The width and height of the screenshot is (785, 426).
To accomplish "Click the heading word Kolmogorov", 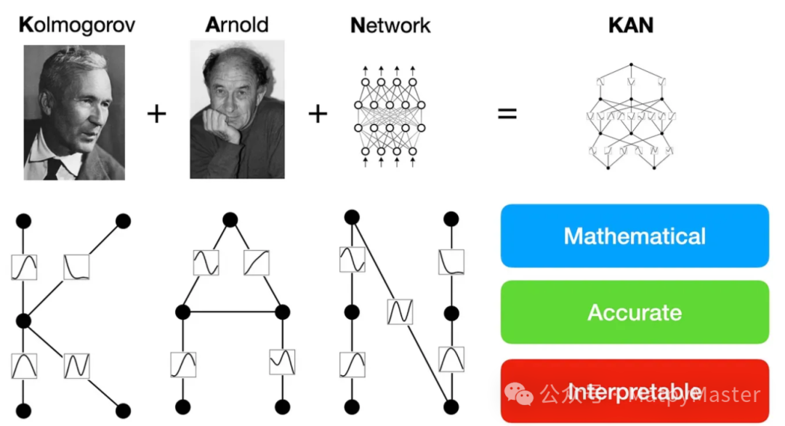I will (76, 25).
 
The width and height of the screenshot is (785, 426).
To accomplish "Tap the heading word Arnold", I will (237, 25).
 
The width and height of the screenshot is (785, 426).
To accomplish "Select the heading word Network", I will (390, 25).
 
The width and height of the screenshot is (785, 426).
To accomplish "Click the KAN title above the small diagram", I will (630, 25).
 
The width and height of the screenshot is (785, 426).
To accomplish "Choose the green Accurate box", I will (635, 313).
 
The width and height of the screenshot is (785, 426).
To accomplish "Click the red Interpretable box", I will (635, 391).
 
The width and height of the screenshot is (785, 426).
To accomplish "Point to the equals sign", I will (507, 114).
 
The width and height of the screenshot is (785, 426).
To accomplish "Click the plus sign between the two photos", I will (157, 114).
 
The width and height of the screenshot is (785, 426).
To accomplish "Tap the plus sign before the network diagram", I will (318, 114).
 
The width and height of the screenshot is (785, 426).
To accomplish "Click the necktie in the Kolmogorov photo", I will (52, 169).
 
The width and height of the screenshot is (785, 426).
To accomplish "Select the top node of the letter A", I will (230, 220).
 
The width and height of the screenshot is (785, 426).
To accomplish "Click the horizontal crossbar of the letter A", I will (233, 312).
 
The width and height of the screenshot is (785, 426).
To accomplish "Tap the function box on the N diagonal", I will (400, 312).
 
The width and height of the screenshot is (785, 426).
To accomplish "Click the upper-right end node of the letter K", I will (123, 220).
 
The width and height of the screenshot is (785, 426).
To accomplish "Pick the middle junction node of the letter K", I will (23, 320).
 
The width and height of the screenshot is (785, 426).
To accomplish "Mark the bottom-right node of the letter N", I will (451, 407).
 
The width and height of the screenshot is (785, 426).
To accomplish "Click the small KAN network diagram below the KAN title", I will (630, 117).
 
